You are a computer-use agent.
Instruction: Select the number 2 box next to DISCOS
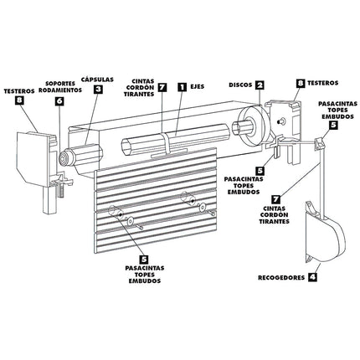(260, 85)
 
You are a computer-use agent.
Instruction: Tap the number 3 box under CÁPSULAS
(98, 89)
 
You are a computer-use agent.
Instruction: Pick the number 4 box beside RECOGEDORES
(312, 275)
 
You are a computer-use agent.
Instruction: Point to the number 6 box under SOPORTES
(59, 100)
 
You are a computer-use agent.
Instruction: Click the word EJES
(198, 85)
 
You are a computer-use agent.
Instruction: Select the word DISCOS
(239, 85)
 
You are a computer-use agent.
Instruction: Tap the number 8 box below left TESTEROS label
(19, 101)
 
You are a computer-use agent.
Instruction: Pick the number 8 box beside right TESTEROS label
(300, 84)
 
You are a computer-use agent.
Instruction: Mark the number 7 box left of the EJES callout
(162, 85)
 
